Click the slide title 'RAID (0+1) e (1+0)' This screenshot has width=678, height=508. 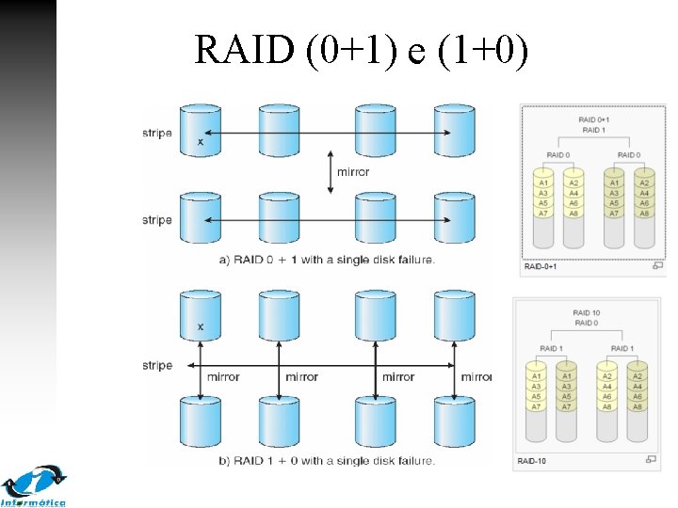point(362,49)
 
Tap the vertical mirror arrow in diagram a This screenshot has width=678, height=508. point(330,172)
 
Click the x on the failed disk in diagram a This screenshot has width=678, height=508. point(200,142)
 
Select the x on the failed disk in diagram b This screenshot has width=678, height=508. point(200,326)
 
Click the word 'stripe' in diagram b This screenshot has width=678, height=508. point(157,365)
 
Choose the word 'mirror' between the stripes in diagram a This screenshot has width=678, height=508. point(353,172)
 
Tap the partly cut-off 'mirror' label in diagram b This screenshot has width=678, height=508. point(476,377)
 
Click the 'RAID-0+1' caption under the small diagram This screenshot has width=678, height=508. point(541,266)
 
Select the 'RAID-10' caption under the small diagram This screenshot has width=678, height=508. point(533,460)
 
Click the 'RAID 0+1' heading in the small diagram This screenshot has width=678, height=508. point(593,119)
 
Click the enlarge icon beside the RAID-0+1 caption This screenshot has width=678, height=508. point(656,266)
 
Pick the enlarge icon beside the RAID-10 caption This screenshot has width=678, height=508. point(651,459)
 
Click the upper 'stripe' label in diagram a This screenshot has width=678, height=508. point(157,133)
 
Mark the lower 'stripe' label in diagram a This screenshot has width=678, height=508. point(157,220)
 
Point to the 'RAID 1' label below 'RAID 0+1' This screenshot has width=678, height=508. point(593,130)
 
